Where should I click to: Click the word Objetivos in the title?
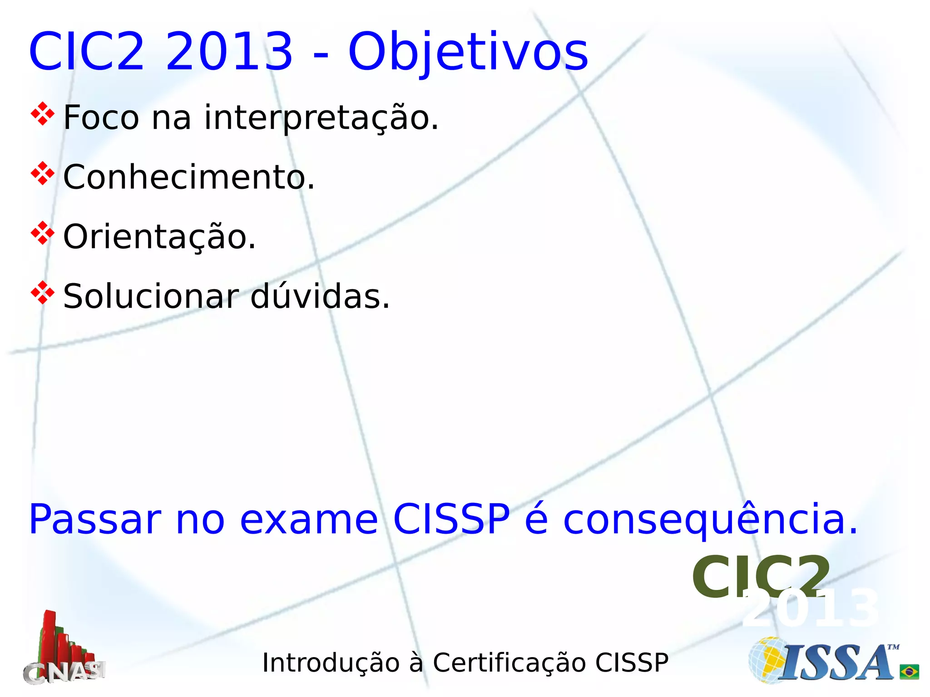[x=468, y=52]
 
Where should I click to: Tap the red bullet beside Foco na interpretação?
[x=42, y=114]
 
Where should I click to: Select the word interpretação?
[x=322, y=118]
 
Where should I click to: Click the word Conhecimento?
[x=188, y=177]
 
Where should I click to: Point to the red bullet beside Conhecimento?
[x=42, y=173]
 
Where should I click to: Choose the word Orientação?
[x=159, y=237]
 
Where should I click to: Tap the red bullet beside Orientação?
[x=42, y=233]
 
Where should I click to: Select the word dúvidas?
[x=320, y=296]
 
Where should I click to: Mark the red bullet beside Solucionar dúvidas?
[x=42, y=293]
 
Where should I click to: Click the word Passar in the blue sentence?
[x=95, y=519]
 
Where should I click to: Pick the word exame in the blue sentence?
[x=309, y=519]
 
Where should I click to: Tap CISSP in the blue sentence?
[x=451, y=519]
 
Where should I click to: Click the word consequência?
[x=711, y=519]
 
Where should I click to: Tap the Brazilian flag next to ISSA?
[x=909, y=672]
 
